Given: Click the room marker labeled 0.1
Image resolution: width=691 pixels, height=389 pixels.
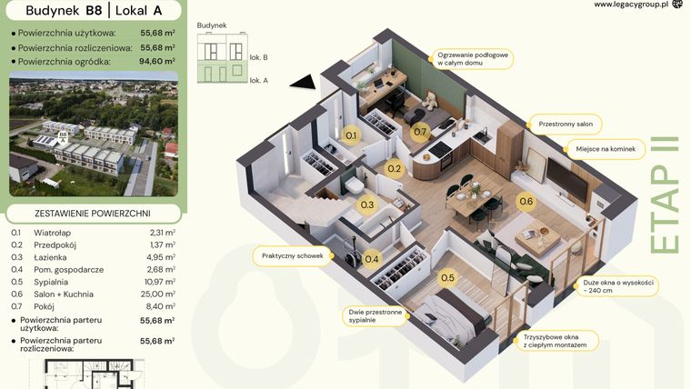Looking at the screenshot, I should click(x=353, y=136).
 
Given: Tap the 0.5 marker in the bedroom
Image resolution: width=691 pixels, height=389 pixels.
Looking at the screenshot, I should click(x=447, y=278).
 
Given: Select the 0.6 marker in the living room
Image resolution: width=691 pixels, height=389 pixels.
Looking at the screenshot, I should click(x=526, y=202).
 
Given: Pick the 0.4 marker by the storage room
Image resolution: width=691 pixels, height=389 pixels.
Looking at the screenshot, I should click(x=371, y=259).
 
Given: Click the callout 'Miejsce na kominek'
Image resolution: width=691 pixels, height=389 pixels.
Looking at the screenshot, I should click(x=605, y=147).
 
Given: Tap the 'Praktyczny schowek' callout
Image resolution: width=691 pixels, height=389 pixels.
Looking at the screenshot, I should click(x=292, y=256).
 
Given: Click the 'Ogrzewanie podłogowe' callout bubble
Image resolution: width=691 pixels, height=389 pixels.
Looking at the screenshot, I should click(x=473, y=59).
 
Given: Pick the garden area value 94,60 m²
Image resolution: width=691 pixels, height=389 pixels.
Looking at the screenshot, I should click(x=157, y=62).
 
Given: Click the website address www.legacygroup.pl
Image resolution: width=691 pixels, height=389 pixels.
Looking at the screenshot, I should click(x=631, y=5).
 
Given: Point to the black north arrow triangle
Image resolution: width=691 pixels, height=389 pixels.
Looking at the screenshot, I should click(x=306, y=83).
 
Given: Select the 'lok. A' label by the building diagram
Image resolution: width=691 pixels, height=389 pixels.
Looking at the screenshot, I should click(x=258, y=80).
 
